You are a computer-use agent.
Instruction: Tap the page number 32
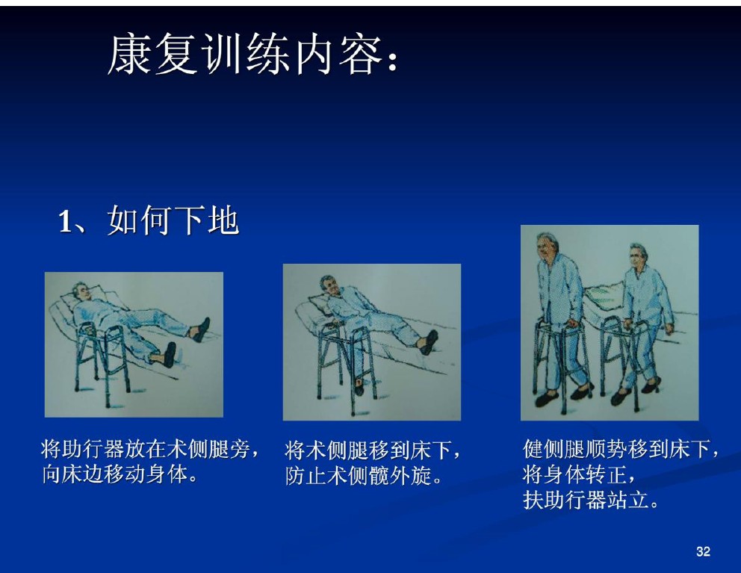click(703, 551)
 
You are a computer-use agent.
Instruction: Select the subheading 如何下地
click(173, 220)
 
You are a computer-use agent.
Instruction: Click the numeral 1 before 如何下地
click(65, 221)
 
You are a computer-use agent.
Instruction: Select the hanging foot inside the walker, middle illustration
click(359, 387)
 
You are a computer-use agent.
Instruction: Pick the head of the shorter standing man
click(636, 257)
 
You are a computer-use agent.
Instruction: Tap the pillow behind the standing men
click(604, 297)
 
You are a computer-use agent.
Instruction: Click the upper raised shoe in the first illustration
click(200, 330)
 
